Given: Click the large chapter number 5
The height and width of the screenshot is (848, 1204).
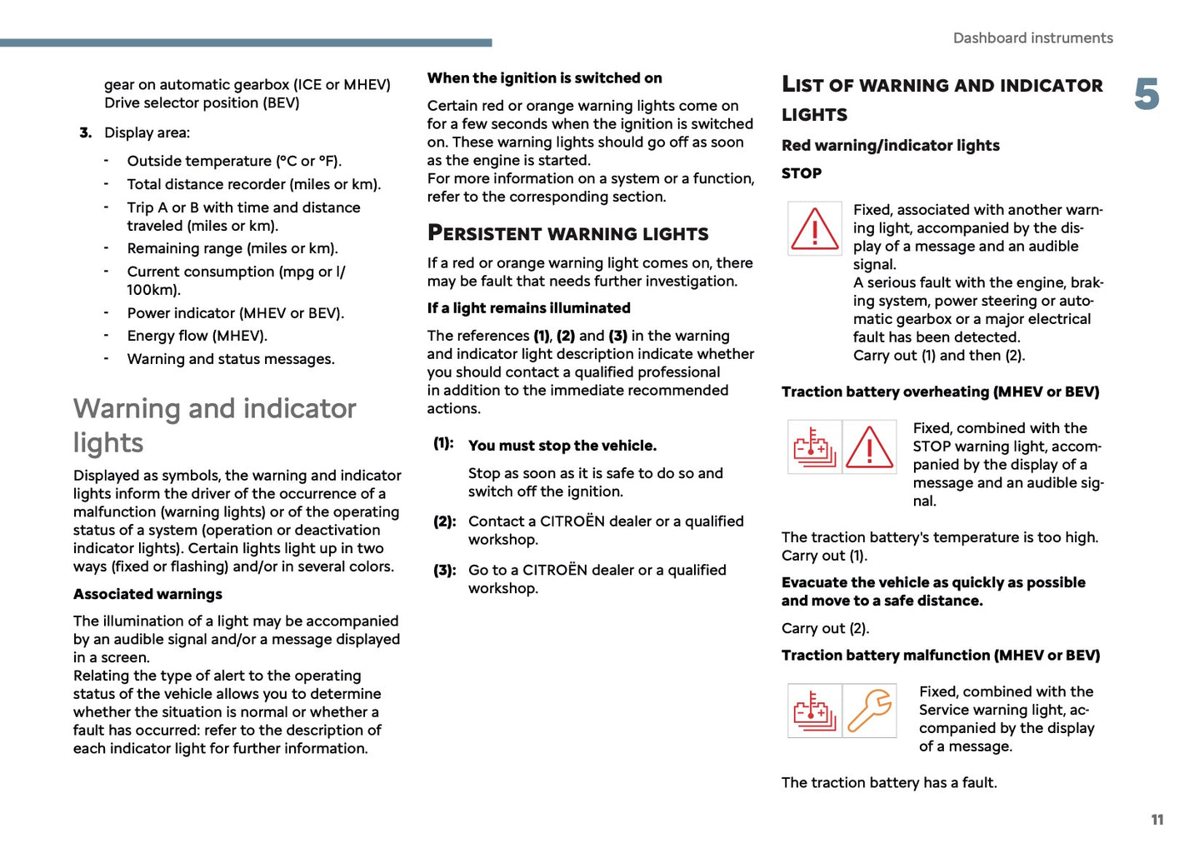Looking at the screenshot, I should [x=1147, y=94].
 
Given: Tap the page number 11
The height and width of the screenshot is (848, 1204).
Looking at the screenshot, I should [x=1157, y=820].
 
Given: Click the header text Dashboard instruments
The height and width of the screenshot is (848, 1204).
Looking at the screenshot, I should [x=1032, y=38].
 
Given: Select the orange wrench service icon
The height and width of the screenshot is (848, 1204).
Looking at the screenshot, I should [x=870, y=711].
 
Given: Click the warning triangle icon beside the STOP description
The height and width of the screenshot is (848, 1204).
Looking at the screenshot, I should [x=814, y=228].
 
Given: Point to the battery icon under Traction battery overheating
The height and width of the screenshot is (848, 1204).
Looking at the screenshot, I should [x=814, y=447].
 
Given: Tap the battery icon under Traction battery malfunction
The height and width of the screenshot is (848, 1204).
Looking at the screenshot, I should [x=814, y=711].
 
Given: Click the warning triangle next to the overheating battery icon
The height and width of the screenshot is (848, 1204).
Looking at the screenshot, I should [x=870, y=447].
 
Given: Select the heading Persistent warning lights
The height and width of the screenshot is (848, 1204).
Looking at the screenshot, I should [x=567, y=233].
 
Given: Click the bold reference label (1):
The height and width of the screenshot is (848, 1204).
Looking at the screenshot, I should [x=443, y=443].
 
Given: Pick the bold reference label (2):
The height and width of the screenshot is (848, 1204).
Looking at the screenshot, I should [x=444, y=521].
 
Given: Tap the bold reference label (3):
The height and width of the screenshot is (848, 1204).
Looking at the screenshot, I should [x=444, y=571].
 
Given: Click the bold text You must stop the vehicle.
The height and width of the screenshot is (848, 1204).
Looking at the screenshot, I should [x=562, y=446].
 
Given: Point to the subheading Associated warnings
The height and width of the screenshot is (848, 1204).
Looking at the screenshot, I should [x=147, y=594].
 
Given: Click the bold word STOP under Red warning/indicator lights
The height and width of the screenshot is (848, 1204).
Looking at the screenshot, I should [x=802, y=173].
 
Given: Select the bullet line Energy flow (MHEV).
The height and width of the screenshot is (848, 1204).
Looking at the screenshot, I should [x=197, y=336].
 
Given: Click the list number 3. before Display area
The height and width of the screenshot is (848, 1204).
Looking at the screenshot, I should [x=85, y=132].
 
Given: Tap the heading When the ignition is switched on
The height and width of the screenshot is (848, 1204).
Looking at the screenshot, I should [x=544, y=78].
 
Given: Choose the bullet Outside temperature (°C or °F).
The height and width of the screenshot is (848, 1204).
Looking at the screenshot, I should [x=234, y=161].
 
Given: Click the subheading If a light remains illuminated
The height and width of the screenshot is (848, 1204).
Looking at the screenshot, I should [x=528, y=308].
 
